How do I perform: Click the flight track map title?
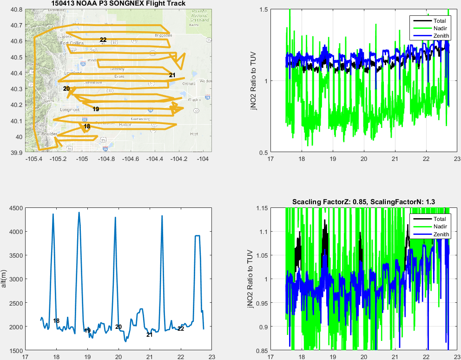click(x=118, y=4)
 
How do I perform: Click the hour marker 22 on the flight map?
click(x=103, y=40)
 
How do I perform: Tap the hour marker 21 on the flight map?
click(x=172, y=75)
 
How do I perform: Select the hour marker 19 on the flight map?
click(x=96, y=109)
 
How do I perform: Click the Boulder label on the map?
click(x=49, y=134)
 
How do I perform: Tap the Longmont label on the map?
click(x=70, y=110)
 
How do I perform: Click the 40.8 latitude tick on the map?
click(x=17, y=9)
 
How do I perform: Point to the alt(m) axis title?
click(x=4, y=279)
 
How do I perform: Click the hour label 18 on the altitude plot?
click(x=56, y=321)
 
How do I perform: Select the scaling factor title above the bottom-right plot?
click(x=363, y=201)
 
